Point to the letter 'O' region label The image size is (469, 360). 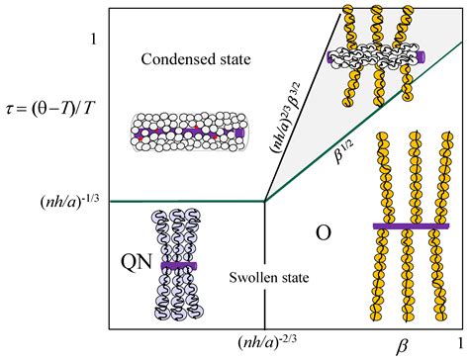322,234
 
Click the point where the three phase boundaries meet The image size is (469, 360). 263,202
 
